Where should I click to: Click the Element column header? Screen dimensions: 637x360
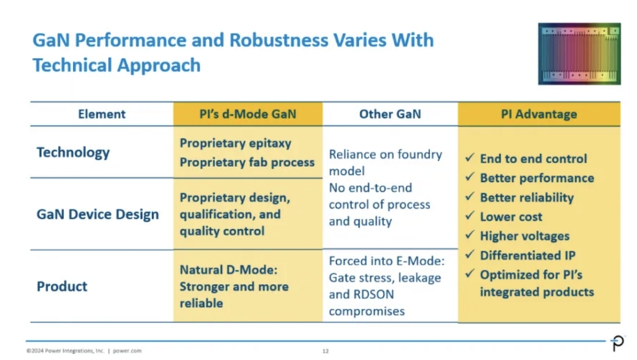[x=102, y=114]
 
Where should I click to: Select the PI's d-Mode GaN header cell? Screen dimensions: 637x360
[x=248, y=114]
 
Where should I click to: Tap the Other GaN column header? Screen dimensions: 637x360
[x=390, y=114]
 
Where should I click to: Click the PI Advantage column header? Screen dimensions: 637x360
[x=538, y=114]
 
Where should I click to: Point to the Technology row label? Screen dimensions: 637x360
[x=73, y=153]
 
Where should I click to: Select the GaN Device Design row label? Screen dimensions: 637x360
[x=98, y=214]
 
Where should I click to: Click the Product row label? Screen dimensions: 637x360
[x=62, y=286]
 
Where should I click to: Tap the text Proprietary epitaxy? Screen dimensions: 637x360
[x=235, y=144]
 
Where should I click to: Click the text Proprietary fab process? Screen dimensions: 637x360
[x=247, y=162]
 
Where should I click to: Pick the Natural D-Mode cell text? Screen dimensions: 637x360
[x=234, y=286]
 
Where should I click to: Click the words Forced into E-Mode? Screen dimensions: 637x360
[x=387, y=261]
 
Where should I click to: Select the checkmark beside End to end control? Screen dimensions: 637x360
[x=470, y=158]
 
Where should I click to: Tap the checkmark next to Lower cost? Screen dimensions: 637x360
[x=470, y=216]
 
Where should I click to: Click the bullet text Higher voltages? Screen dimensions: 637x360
[x=525, y=236]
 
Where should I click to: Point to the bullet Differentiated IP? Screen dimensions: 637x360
[x=528, y=256]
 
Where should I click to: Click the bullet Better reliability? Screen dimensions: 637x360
[x=527, y=197]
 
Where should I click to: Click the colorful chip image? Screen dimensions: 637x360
[x=579, y=53]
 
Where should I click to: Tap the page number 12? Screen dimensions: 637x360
[x=326, y=351]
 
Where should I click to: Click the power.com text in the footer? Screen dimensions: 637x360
[x=127, y=351]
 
